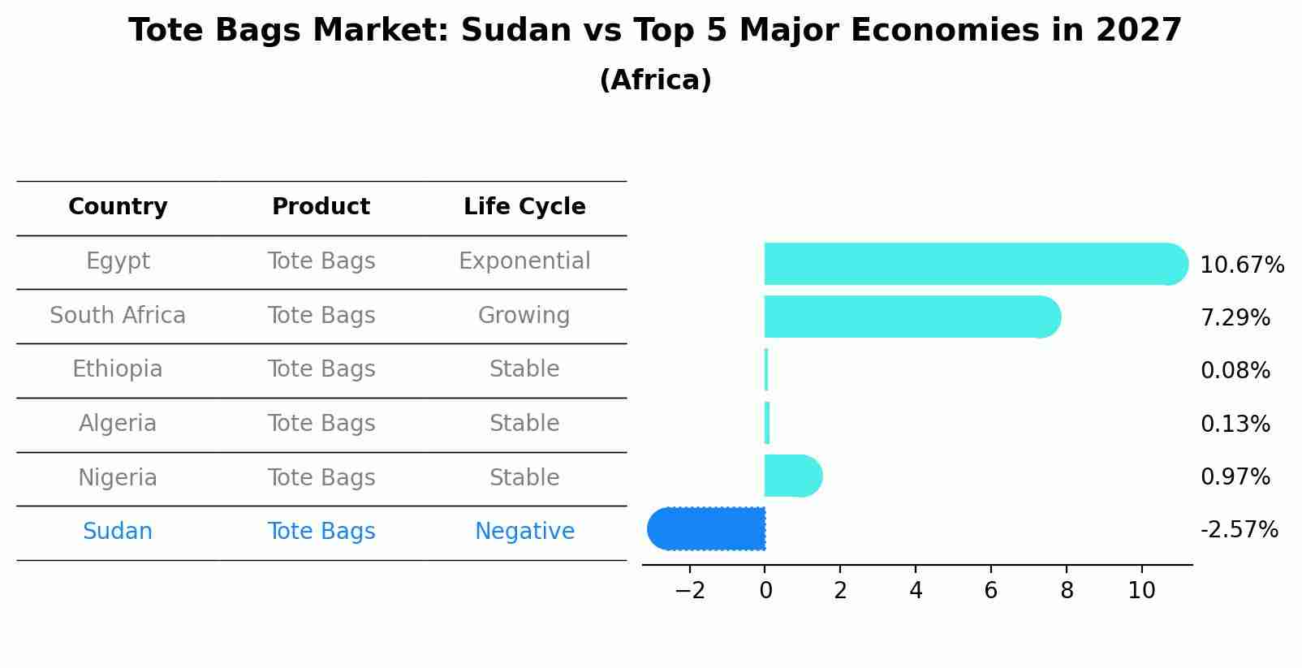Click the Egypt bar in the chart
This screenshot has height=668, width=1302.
976,264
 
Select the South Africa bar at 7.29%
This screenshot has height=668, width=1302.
912,317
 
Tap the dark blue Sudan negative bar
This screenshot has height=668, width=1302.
706,528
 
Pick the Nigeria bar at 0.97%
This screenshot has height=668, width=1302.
793,476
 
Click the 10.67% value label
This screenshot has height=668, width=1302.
1242,265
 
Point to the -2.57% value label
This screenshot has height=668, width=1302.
1239,530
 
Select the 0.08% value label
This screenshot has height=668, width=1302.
1235,370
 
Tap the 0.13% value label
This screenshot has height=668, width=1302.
1235,424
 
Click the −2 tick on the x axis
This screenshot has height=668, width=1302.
690,591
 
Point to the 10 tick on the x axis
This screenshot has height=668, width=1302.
1141,591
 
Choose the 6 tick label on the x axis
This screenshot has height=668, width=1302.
991,591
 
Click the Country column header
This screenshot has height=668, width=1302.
118,207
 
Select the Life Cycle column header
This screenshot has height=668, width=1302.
524,206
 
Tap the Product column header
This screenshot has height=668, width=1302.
321,206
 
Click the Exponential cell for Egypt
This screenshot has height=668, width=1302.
524,261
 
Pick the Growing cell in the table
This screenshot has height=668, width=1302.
524,316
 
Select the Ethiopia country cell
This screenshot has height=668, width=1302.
118,369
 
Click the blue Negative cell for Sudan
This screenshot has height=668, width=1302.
524,532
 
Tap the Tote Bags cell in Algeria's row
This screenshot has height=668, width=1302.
321,423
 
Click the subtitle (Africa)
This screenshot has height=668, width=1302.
655,80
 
